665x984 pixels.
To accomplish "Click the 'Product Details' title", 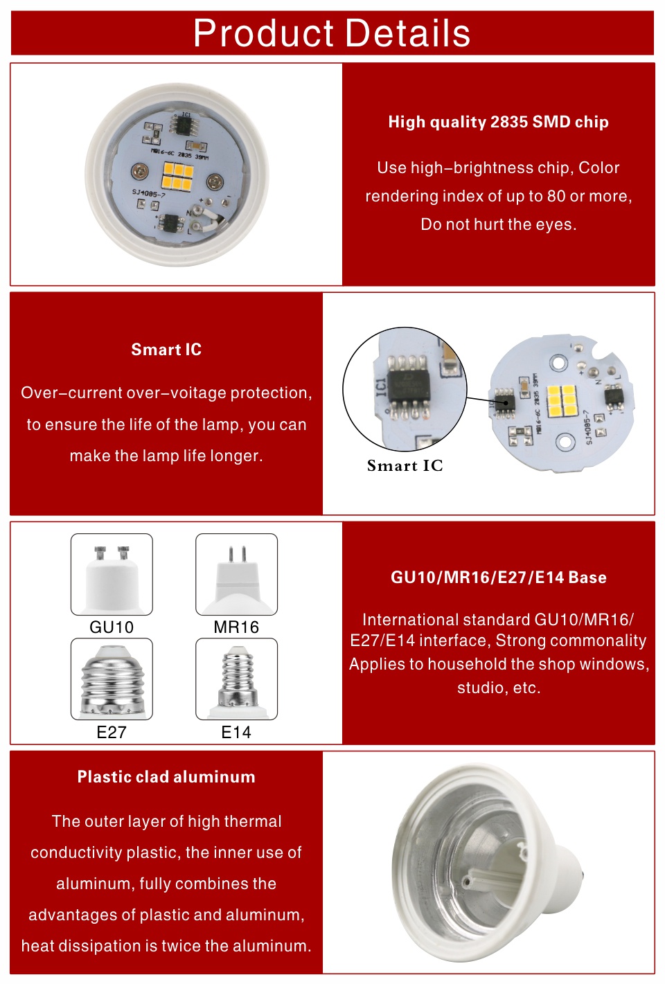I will [332, 33].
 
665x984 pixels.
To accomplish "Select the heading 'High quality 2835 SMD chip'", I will [498, 122].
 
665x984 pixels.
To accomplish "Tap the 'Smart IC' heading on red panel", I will [166, 350].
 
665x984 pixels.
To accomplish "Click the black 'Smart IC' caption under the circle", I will [405, 465].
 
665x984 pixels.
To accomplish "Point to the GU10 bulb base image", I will [112, 574].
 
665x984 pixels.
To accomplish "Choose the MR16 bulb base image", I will [236, 574].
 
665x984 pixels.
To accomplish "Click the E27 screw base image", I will [112, 679].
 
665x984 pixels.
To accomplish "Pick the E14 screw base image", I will [236, 679].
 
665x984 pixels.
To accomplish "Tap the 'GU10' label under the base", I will [112, 627].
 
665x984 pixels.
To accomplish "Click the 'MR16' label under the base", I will [236, 627].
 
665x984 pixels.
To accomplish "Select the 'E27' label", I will [112, 732].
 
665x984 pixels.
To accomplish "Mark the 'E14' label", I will [236, 732].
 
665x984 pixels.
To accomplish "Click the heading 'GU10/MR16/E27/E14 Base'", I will [498, 578].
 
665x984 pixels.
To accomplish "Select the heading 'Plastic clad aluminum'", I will [166, 777].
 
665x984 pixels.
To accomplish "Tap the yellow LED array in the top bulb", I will [177, 177].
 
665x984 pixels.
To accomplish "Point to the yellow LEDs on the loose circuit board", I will [562, 401].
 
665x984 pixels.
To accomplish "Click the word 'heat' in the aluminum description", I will [37, 946].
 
